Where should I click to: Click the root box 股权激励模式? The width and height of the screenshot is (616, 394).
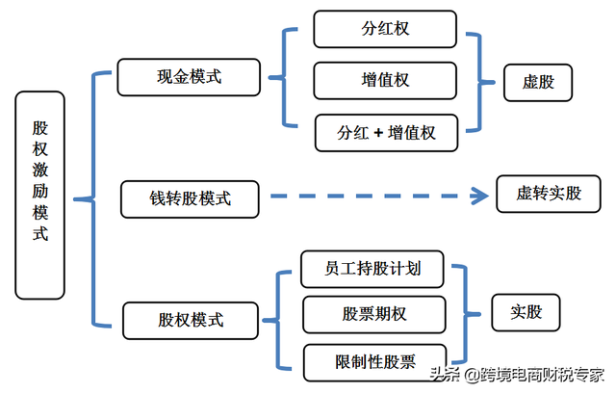coord(39,195)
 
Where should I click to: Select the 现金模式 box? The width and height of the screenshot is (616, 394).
coord(189,77)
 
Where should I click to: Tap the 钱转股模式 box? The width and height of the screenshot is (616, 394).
coord(190,199)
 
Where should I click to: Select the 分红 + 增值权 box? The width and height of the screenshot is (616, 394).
coord(387,133)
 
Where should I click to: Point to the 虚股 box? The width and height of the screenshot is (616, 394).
coord(536,82)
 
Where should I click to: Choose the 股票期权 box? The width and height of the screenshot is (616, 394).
coord(373,315)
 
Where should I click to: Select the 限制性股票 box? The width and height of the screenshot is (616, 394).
coord(374,362)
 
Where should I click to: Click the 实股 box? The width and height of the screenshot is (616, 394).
coord(526,312)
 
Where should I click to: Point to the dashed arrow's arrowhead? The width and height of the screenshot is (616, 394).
coord(480,197)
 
